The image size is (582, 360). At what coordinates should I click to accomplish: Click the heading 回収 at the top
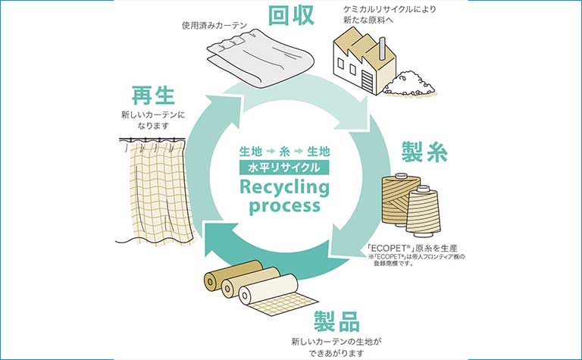click(x=291, y=15)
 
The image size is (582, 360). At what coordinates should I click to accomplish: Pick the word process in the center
click(x=284, y=205)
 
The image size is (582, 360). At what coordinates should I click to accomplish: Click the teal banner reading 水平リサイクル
click(x=284, y=167)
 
